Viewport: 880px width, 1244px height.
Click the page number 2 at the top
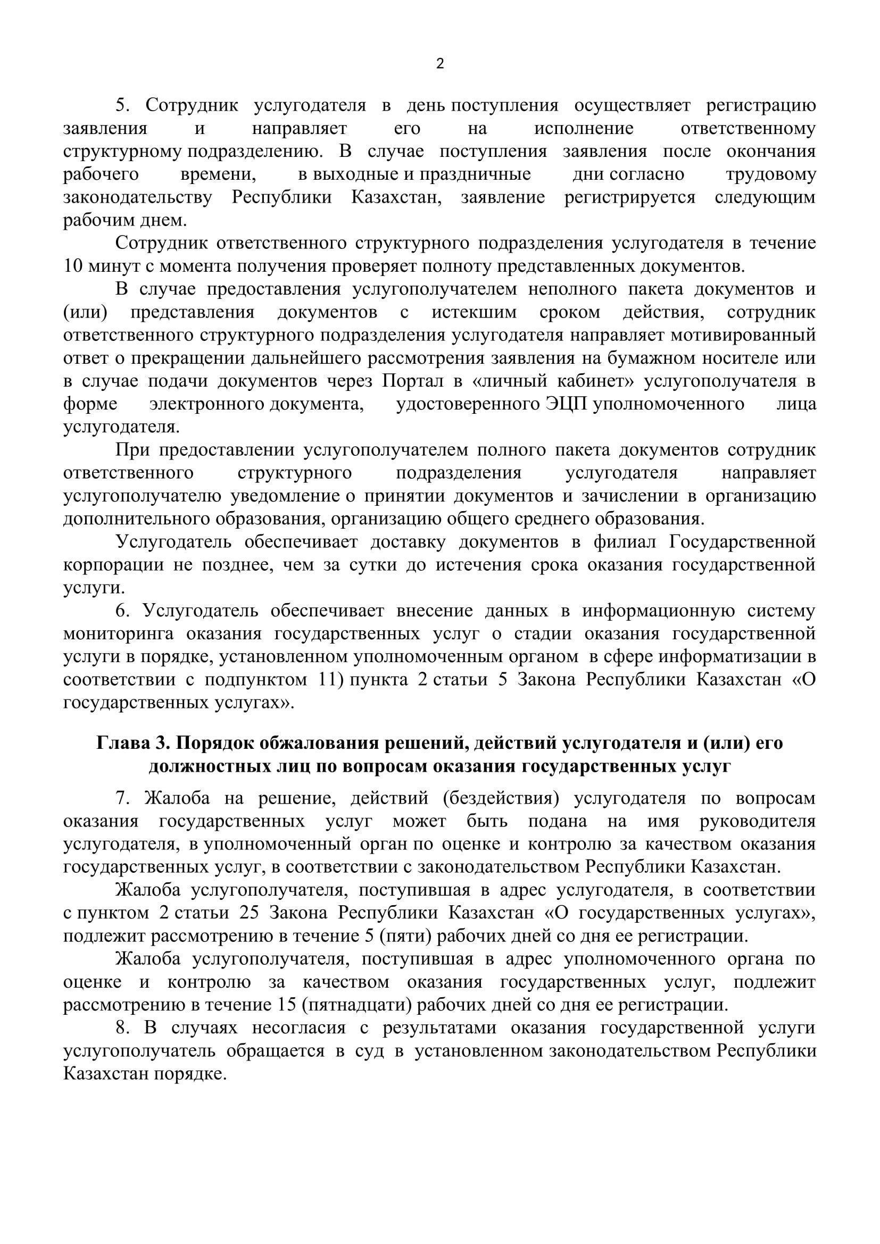click(439, 64)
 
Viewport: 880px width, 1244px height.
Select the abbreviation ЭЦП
click(567, 404)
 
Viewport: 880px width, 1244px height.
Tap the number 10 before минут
click(74, 266)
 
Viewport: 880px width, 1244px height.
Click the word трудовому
click(770, 174)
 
